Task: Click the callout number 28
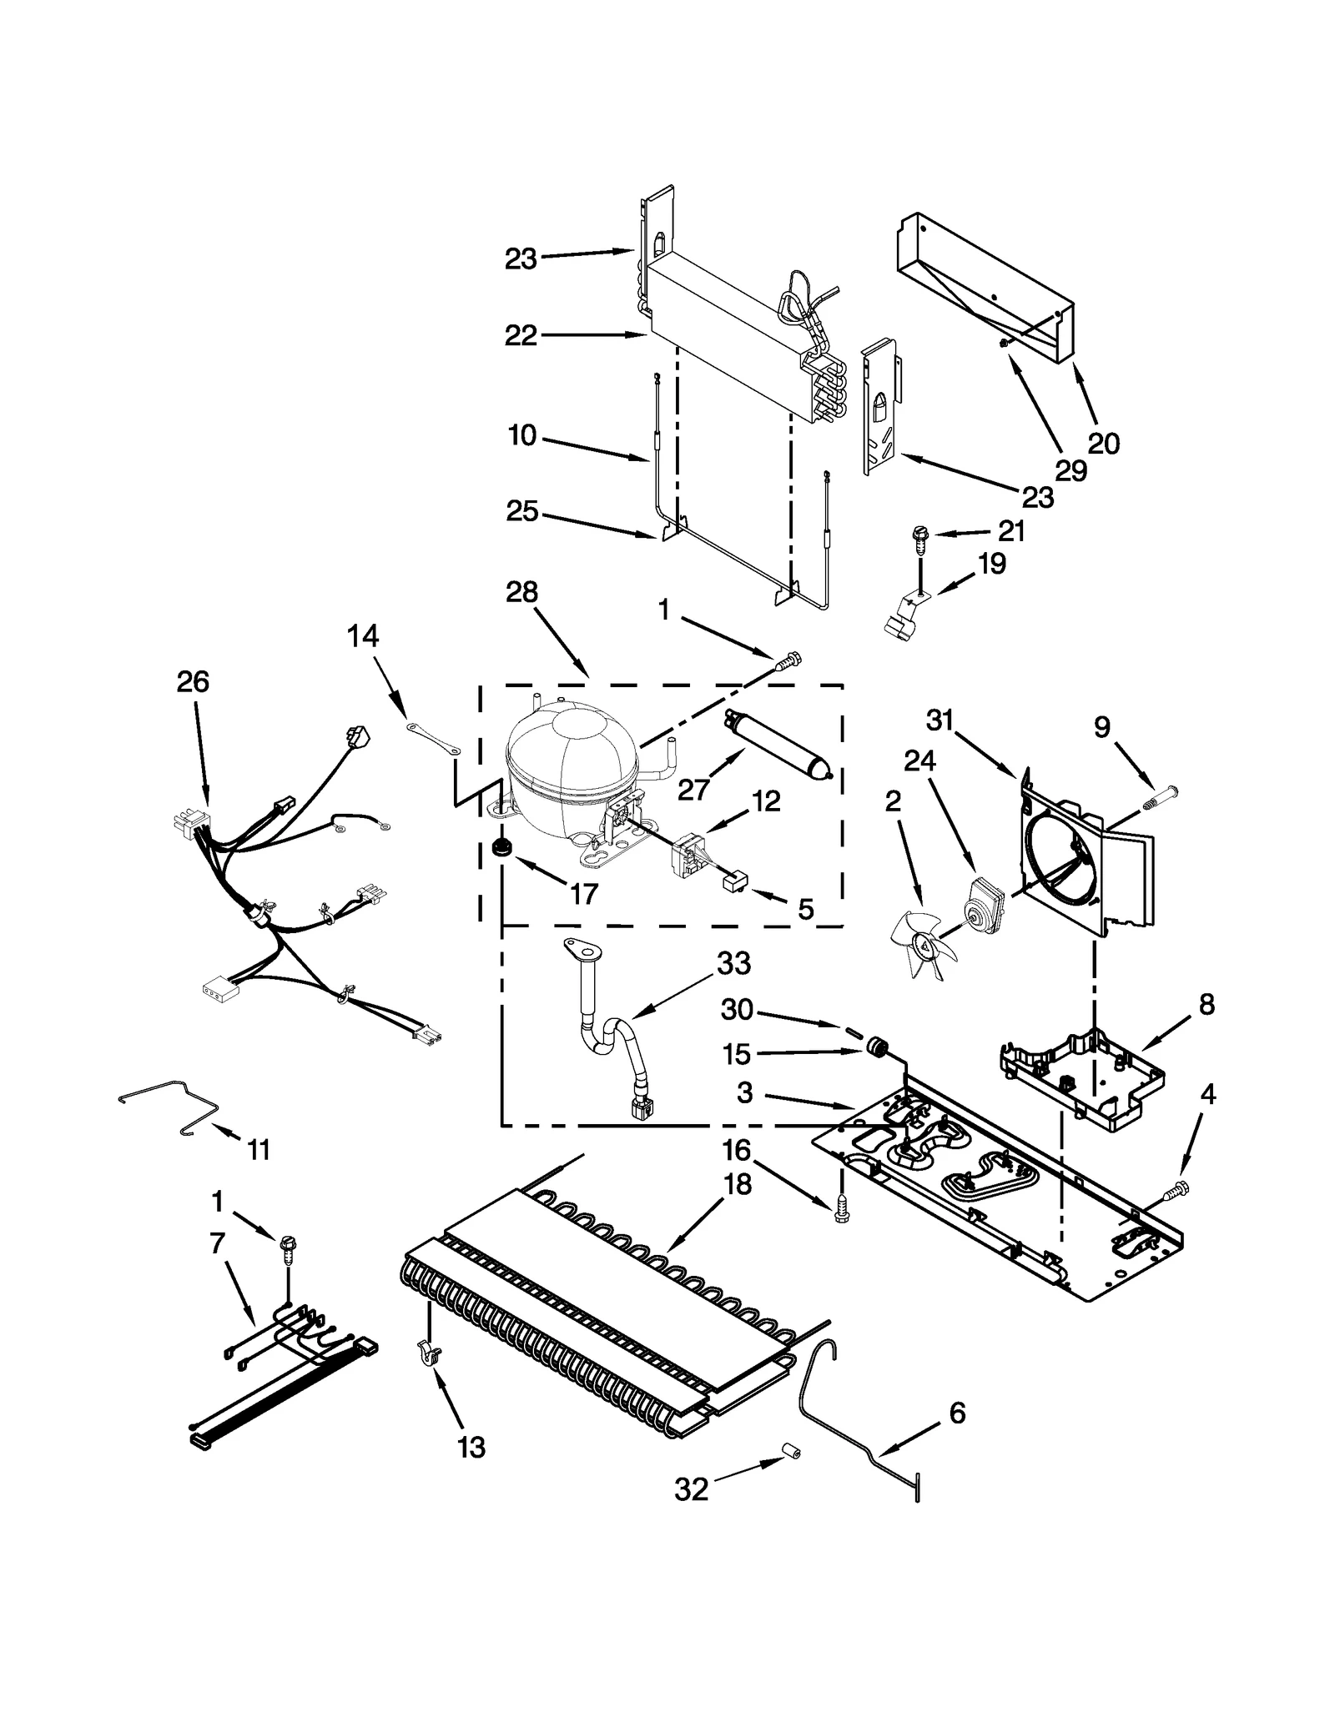tap(521, 592)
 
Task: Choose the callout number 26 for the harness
tap(193, 682)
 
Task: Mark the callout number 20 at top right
tap(1103, 443)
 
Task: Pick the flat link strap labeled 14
tap(434, 739)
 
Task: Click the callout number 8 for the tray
tap(1207, 1005)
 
